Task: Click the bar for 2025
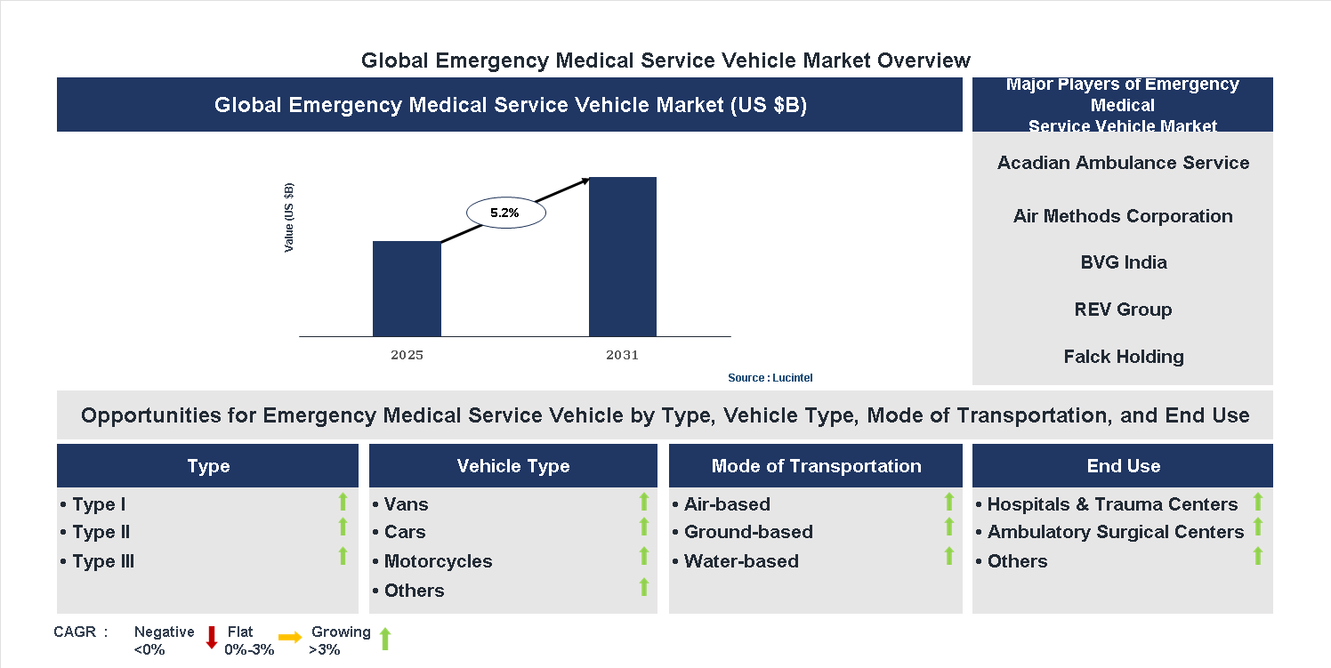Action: coord(407,289)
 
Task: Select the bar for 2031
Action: coord(623,257)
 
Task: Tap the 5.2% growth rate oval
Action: coord(505,213)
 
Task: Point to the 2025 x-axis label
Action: coord(407,355)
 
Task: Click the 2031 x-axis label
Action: coord(623,355)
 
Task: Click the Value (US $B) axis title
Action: coord(289,218)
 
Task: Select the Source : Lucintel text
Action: coord(770,378)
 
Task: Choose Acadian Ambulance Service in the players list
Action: coord(1123,163)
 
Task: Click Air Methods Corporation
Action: coord(1123,216)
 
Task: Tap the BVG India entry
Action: coord(1123,262)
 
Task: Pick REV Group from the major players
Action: coord(1123,310)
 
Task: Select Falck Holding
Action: coord(1123,357)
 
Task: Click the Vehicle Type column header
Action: coord(512,466)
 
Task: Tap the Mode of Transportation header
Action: coord(816,466)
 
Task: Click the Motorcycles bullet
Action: coord(438,561)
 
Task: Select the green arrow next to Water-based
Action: coord(948,556)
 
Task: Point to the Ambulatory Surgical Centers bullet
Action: coord(1115,532)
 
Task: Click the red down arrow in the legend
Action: coord(212,637)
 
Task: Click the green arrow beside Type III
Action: coord(343,556)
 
